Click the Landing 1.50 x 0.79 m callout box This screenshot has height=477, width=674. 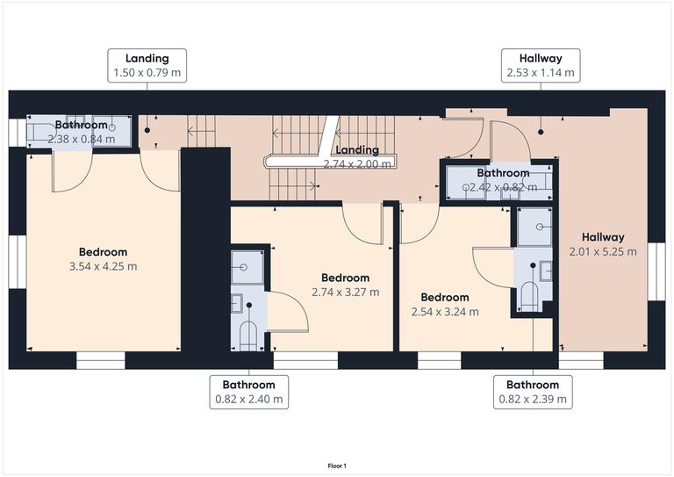147,66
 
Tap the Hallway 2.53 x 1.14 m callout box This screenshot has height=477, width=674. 540,66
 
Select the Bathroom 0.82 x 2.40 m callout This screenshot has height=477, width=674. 248,392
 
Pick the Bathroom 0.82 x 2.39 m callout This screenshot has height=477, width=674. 533,392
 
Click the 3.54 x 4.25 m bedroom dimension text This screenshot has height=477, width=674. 103,266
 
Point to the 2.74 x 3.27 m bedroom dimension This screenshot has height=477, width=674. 345,293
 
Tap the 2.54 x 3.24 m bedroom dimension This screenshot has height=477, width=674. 445,311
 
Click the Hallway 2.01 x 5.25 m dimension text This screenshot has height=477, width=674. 602,251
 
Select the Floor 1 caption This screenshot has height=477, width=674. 337,466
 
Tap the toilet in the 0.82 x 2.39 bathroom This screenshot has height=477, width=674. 529,296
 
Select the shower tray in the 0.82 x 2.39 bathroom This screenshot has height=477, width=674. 534,227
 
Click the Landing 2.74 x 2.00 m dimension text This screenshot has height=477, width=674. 356,163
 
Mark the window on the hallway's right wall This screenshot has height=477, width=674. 656,271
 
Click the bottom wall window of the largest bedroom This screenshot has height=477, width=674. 101,360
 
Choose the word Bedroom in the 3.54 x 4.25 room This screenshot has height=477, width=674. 103,252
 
